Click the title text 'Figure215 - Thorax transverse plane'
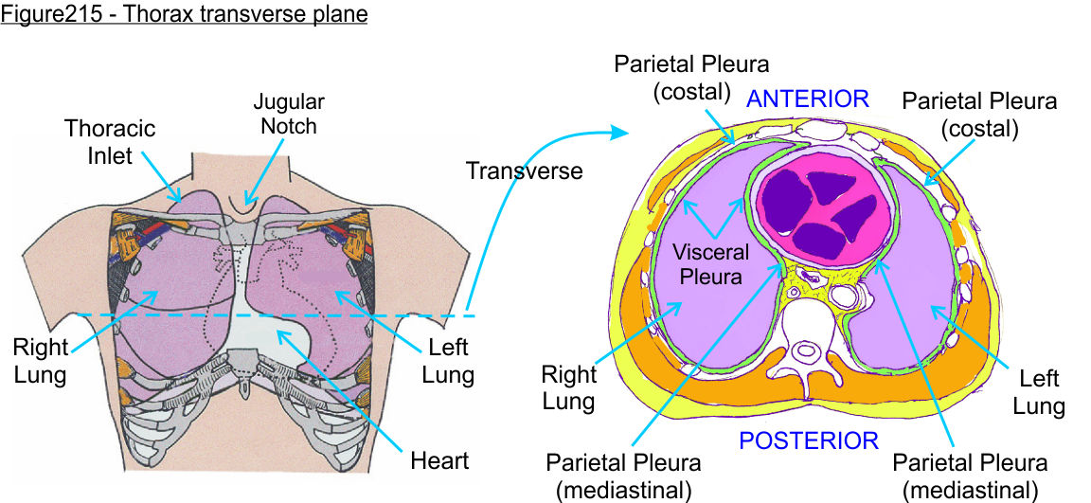184,15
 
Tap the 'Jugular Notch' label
289,113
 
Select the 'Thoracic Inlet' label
110,141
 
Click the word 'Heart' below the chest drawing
439,461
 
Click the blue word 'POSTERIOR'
808,440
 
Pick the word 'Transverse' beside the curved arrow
524,171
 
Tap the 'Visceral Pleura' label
711,265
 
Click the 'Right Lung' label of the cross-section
568,387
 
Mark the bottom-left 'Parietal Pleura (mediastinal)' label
623,476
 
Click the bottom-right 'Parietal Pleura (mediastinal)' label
971,476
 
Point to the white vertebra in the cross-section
806,350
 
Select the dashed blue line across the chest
237,314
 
